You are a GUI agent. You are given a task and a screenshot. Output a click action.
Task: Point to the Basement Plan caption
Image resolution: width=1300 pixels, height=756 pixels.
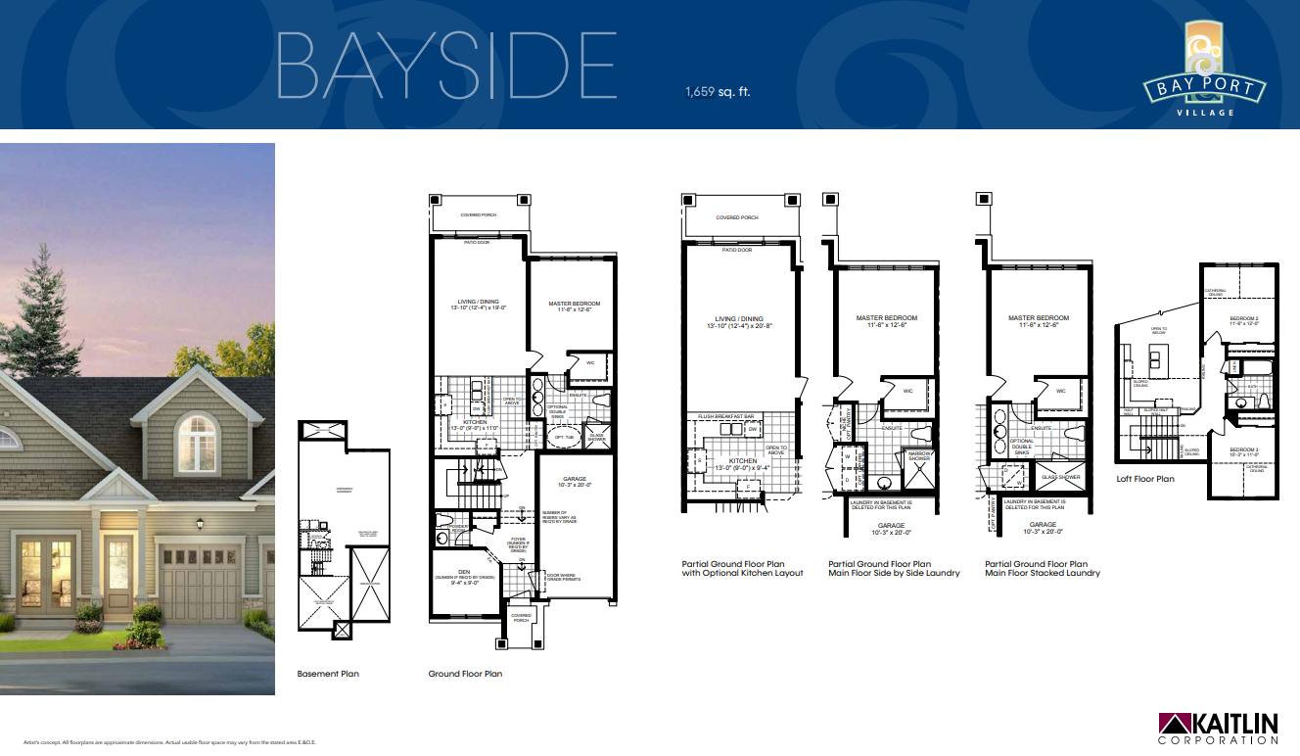point(329,674)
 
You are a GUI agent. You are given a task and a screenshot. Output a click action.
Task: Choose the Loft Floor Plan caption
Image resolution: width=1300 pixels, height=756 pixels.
point(1145,479)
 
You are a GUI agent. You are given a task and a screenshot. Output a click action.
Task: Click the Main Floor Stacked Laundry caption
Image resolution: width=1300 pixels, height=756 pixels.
point(1043,569)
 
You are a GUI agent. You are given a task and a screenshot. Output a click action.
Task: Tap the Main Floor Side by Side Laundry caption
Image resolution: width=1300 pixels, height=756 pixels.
point(894,569)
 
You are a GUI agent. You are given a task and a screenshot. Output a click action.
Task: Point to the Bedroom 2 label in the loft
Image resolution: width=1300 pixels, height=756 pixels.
point(1244,319)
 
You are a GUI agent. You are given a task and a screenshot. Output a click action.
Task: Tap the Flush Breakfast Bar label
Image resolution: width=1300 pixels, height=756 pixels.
point(725,417)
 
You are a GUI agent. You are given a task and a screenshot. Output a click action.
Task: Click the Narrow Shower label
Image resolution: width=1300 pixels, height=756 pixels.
point(919,455)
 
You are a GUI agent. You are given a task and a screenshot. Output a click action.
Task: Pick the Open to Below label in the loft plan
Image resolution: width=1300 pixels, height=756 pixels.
point(1159,330)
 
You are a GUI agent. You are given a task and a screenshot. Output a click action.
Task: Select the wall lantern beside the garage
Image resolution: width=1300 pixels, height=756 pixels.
point(200,525)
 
